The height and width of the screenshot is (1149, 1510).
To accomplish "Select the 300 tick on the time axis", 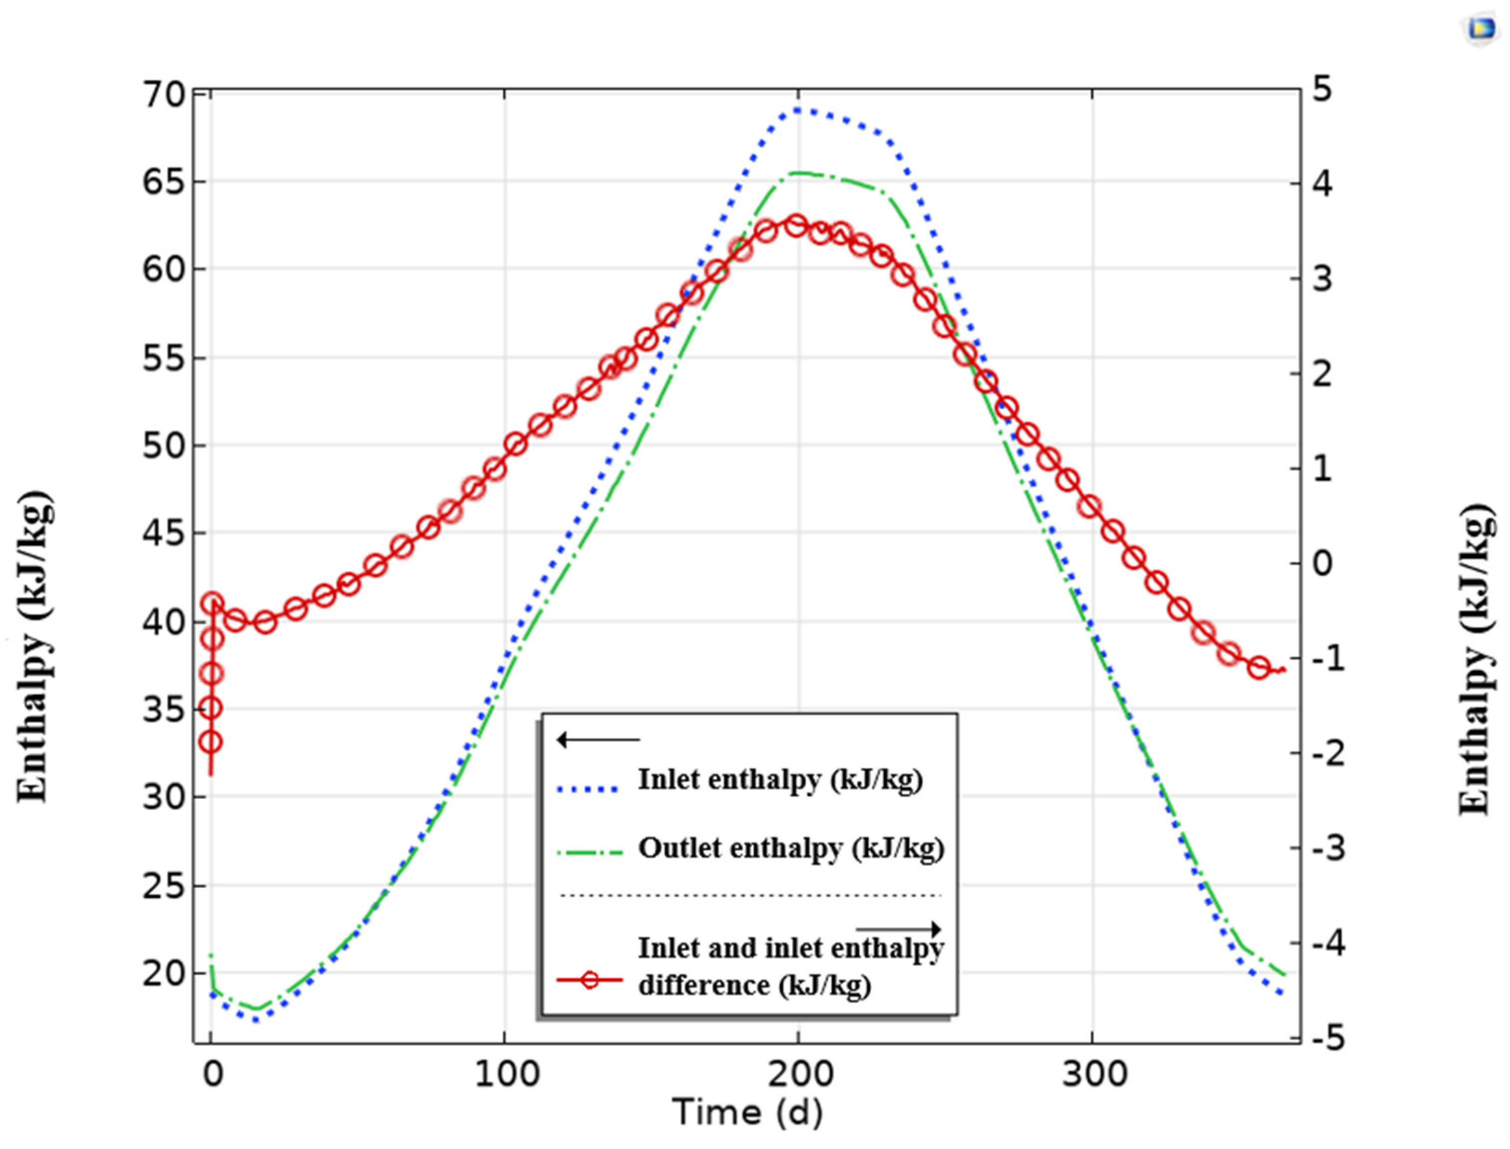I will point(1094,1075).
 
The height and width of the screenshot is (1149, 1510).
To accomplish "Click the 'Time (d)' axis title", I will point(747,1112).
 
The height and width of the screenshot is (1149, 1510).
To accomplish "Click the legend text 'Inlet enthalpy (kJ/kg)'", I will point(780,779).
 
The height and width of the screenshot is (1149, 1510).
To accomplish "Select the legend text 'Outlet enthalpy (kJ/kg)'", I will point(791,848).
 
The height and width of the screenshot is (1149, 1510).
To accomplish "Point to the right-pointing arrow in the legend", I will point(899,929).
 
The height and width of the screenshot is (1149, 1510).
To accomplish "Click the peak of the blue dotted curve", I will point(798,109).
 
